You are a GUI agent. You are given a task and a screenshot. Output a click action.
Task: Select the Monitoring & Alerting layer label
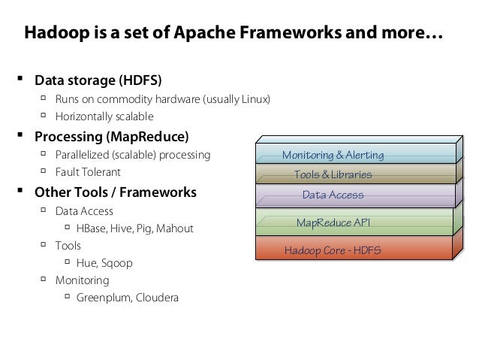pyautogui.click(x=333, y=156)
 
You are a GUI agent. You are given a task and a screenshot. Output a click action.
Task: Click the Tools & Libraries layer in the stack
pyautogui.click(x=333, y=175)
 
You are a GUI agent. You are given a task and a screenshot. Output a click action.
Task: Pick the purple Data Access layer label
pyautogui.click(x=333, y=195)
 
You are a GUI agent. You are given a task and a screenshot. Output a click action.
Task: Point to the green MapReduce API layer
pyautogui.click(x=333, y=223)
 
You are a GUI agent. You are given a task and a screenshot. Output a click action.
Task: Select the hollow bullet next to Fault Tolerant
pyautogui.click(x=44, y=171)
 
